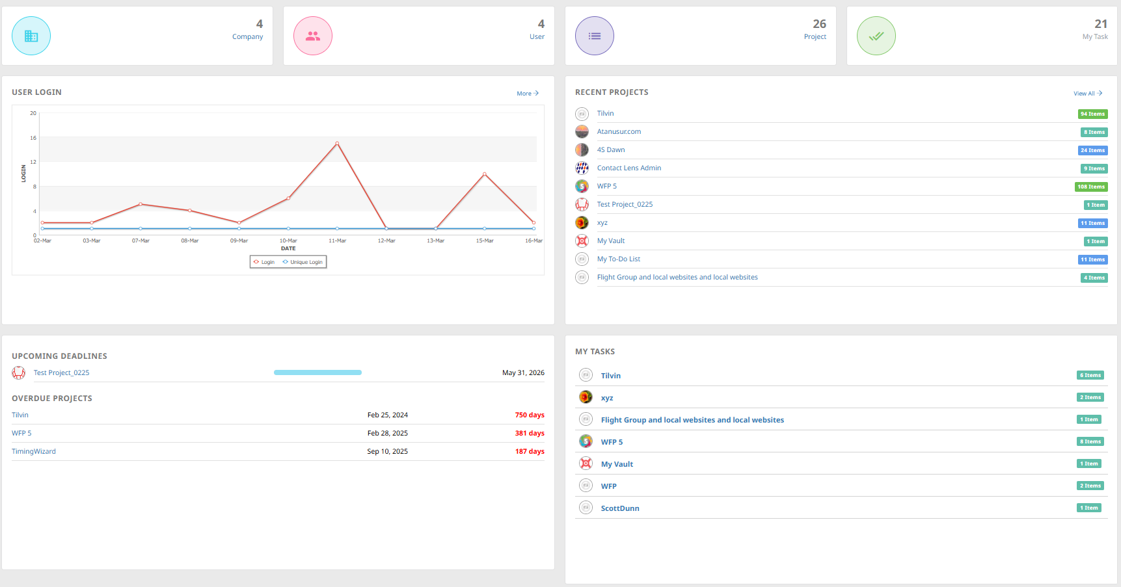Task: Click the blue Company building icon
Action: pyautogui.click(x=31, y=36)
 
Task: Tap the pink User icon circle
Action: pyautogui.click(x=313, y=36)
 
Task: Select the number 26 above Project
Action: pyautogui.click(x=819, y=24)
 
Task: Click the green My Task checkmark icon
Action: pyautogui.click(x=876, y=36)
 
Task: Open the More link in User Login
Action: pyautogui.click(x=527, y=94)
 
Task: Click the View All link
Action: pyautogui.click(x=1087, y=94)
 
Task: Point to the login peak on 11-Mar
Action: pyautogui.click(x=337, y=143)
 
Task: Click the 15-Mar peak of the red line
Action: pyautogui.click(x=485, y=174)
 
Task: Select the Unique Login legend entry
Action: pyautogui.click(x=303, y=262)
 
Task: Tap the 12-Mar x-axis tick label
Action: pyautogui.click(x=386, y=241)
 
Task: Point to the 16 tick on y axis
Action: pyautogui.click(x=33, y=138)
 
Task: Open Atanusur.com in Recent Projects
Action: pyautogui.click(x=619, y=131)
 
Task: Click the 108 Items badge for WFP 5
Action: pyautogui.click(x=1091, y=187)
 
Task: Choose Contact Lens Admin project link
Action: pyautogui.click(x=628, y=168)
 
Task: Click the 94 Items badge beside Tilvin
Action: pyautogui.click(x=1092, y=114)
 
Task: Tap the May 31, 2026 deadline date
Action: pyautogui.click(x=523, y=372)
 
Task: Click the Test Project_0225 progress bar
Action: pyautogui.click(x=317, y=372)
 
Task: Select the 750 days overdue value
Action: pyautogui.click(x=530, y=415)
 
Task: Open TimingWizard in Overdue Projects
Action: pyautogui.click(x=34, y=451)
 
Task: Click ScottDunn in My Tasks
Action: pyautogui.click(x=620, y=508)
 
